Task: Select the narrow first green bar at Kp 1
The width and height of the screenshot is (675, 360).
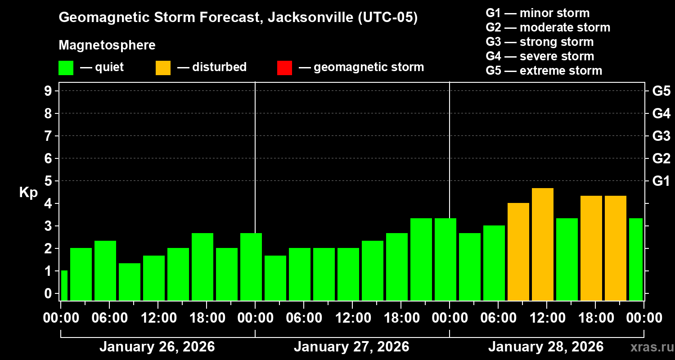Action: click(x=64, y=285)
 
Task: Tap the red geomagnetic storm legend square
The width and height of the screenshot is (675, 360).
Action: click(x=284, y=68)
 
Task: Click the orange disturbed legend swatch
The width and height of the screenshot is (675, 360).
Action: click(x=163, y=68)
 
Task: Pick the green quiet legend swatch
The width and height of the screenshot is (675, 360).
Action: click(x=66, y=68)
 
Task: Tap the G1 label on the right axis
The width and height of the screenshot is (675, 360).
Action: click(x=661, y=181)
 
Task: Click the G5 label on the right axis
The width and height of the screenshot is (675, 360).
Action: click(x=661, y=91)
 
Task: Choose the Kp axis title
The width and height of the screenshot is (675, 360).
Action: click(x=28, y=193)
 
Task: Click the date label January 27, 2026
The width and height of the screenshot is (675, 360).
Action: click(x=351, y=347)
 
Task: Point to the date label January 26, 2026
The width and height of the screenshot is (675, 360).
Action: click(x=157, y=347)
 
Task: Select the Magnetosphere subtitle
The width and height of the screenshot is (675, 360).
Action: click(x=107, y=45)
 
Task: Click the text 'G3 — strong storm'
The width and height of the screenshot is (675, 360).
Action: click(x=540, y=42)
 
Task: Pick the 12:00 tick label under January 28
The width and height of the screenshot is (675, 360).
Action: click(x=546, y=318)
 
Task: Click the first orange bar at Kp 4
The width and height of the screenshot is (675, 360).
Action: click(x=518, y=252)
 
